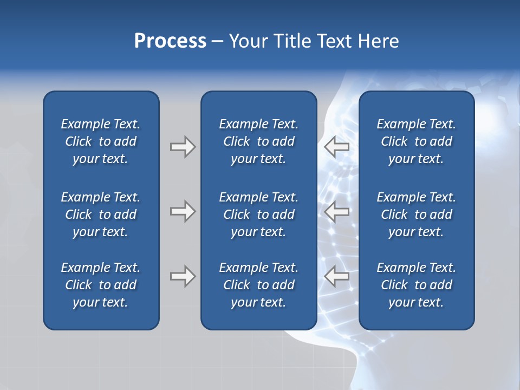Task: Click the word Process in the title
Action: pos(170,41)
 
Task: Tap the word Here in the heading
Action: pos(378,41)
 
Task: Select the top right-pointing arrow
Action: pos(183,147)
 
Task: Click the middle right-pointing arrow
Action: pos(183,211)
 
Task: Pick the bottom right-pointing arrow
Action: pos(183,276)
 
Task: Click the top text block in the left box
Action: pos(101,141)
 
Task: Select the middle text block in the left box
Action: pos(101,214)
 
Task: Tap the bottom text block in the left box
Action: pos(101,285)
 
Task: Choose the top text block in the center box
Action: pos(259,141)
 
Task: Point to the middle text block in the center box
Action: pos(259,214)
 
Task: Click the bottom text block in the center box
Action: pos(259,285)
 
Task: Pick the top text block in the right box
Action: pos(417,141)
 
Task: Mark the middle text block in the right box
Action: pos(417,214)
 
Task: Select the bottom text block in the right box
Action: pos(417,285)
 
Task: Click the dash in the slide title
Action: pos(218,42)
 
